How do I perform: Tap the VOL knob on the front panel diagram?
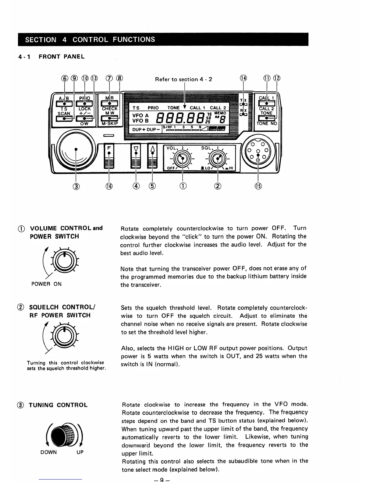(182, 158)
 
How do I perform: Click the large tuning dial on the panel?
(76, 149)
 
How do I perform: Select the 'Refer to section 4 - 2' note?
(183, 79)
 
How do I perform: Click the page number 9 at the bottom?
(162, 480)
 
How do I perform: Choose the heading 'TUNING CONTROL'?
(58, 405)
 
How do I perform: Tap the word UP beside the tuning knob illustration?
(80, 452)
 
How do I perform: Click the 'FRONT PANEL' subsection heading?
(62, 57)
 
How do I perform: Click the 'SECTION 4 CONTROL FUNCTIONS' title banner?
(163, 40)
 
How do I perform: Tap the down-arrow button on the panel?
(136, 155)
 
